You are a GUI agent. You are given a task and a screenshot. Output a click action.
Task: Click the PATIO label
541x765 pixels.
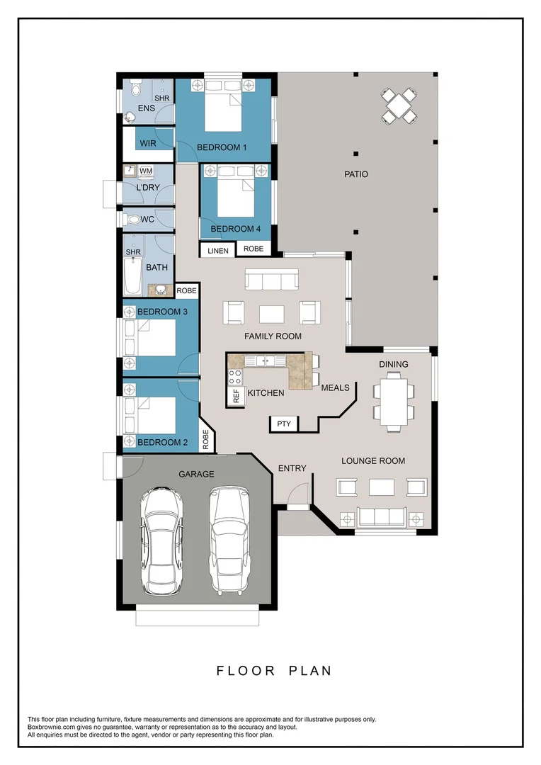tap(356, 174)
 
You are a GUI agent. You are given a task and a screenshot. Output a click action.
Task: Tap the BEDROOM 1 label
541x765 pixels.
tap(222, 147)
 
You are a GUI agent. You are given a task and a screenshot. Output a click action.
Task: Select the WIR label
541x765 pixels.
tap(148, 143)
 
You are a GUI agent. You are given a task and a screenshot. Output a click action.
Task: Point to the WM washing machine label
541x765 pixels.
tap(145, 171)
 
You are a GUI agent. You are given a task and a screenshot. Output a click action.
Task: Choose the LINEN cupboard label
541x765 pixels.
tap(218, 251)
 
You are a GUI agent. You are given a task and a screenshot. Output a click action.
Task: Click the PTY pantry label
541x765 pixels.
tap(284, 424)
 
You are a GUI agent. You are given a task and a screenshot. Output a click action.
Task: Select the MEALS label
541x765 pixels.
tap(335, 388)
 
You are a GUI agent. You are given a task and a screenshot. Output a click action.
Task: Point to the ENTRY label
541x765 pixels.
tap(292, 468)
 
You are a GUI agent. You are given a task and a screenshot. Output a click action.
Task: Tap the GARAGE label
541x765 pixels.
tap(196, 474)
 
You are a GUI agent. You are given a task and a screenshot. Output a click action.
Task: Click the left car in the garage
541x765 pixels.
tap(162, 540)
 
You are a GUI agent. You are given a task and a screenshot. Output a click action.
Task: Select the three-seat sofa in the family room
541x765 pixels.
tap(271, 280)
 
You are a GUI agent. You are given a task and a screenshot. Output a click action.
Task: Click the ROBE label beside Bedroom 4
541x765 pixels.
tap(254, 249)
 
